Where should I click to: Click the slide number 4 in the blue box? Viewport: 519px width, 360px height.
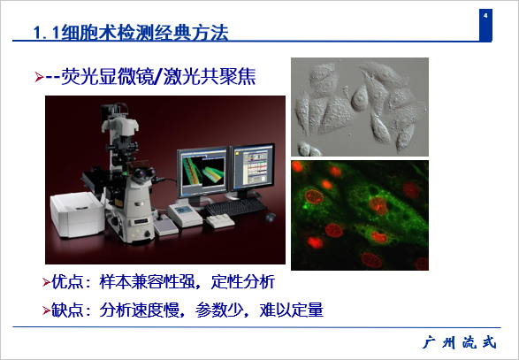coord(485,16)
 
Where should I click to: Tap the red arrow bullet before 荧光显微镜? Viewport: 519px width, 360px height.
coord(39,77)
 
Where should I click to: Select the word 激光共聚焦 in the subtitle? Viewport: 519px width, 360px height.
coord(210,76)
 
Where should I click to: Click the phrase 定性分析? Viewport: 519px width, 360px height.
coord(243,282)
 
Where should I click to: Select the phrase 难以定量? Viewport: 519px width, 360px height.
coord(291,310)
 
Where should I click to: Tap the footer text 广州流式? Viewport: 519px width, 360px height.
coord(460,342)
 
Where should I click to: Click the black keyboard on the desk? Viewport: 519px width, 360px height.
coord(236,207)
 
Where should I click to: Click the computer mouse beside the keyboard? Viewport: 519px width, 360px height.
coord(270,217)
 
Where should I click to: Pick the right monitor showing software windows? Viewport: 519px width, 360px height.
coord(252,170)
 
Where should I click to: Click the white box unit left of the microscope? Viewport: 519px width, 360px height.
coord(78,214)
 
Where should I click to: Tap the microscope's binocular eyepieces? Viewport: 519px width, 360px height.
coord(145,173)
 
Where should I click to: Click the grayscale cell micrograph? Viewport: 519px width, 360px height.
coord(360,107)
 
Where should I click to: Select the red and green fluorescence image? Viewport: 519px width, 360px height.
coord(360,215)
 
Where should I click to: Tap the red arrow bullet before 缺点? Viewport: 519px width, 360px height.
coord(46,310)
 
